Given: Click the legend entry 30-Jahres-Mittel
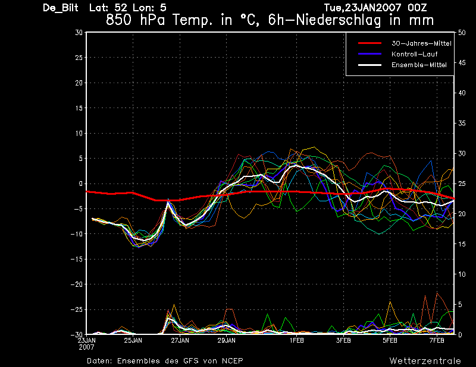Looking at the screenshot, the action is point(421,43).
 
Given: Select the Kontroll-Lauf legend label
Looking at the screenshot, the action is point(414,54).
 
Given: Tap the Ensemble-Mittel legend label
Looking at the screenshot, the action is point(419,65).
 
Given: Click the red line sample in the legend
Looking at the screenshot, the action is point(369,43).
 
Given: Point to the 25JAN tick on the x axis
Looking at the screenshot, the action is point(133,340).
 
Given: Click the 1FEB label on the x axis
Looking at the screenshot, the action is point(296,340).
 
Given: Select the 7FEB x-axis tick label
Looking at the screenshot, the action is point(437,340).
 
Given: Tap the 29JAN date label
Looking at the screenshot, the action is point(227,340).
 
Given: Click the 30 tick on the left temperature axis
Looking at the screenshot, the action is point(79,32).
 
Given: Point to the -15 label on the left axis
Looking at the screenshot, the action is point(77,259).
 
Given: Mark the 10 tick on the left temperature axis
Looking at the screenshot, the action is point(79,133).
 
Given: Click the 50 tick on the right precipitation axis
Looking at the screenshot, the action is point(462,33).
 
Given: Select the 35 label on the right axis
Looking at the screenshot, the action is point(462,124).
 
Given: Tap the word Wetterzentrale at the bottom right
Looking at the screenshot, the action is point(425,361).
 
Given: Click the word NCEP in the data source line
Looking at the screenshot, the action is point(232,361).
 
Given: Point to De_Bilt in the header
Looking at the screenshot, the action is point(61,8).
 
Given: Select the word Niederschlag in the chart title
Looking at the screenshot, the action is point(338,21).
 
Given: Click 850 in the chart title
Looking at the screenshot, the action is point(118,21).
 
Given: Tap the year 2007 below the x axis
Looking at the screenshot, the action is point(86,347).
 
